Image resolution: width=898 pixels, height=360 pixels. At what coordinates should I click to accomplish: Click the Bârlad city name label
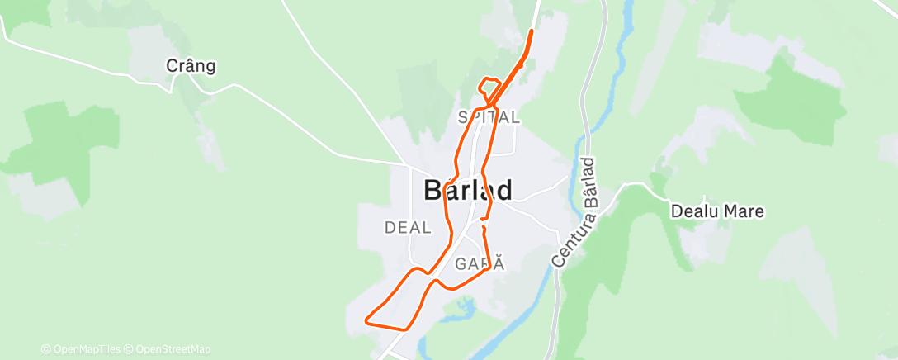coord(468,190)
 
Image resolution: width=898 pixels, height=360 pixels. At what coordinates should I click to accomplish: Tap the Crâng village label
coord(191,66)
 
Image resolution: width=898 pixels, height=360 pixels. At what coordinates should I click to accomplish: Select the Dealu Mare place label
coord(717,211)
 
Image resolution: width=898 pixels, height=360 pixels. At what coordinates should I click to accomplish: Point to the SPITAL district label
coord(489,117)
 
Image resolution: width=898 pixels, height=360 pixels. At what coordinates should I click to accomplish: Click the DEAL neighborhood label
coord(408,227)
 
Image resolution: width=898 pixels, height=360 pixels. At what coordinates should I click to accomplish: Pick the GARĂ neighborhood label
coord(479,264)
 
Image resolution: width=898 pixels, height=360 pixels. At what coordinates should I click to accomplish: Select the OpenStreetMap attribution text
coord(168,349)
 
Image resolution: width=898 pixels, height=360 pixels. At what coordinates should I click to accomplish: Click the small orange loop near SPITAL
coord(489,87)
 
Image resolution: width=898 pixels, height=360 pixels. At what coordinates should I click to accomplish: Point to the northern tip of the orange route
coord(531,31)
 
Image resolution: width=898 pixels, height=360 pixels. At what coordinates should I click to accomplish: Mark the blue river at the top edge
coord(628,12)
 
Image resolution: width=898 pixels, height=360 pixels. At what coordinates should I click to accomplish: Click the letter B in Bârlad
coord(435,190)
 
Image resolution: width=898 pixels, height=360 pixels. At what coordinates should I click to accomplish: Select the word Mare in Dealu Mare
coord(745,211)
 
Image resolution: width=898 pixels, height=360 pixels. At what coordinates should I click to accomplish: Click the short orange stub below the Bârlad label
coord(483,225)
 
